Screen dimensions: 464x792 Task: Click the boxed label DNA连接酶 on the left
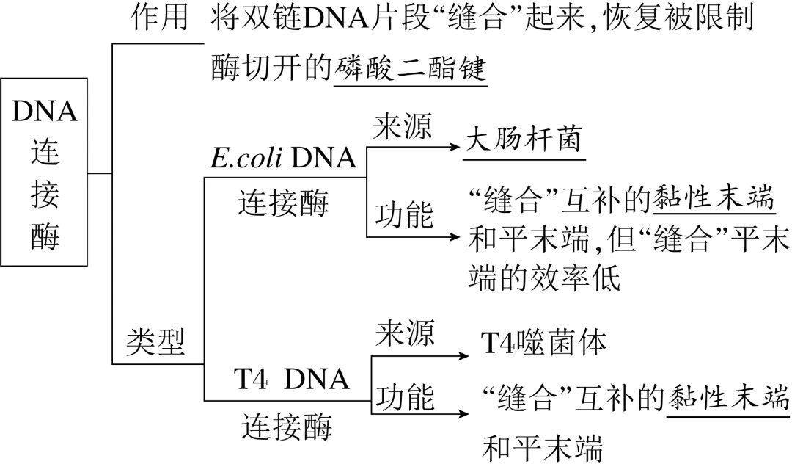click(44, 173)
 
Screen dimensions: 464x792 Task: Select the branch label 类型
click(155, 341)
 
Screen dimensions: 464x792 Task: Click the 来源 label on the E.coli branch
click(403, 127)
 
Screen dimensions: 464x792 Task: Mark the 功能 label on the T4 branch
click(406, 397)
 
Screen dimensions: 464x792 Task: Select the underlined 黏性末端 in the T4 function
click(728, 398)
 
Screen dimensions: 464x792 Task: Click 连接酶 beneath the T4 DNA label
click(287, 426)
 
